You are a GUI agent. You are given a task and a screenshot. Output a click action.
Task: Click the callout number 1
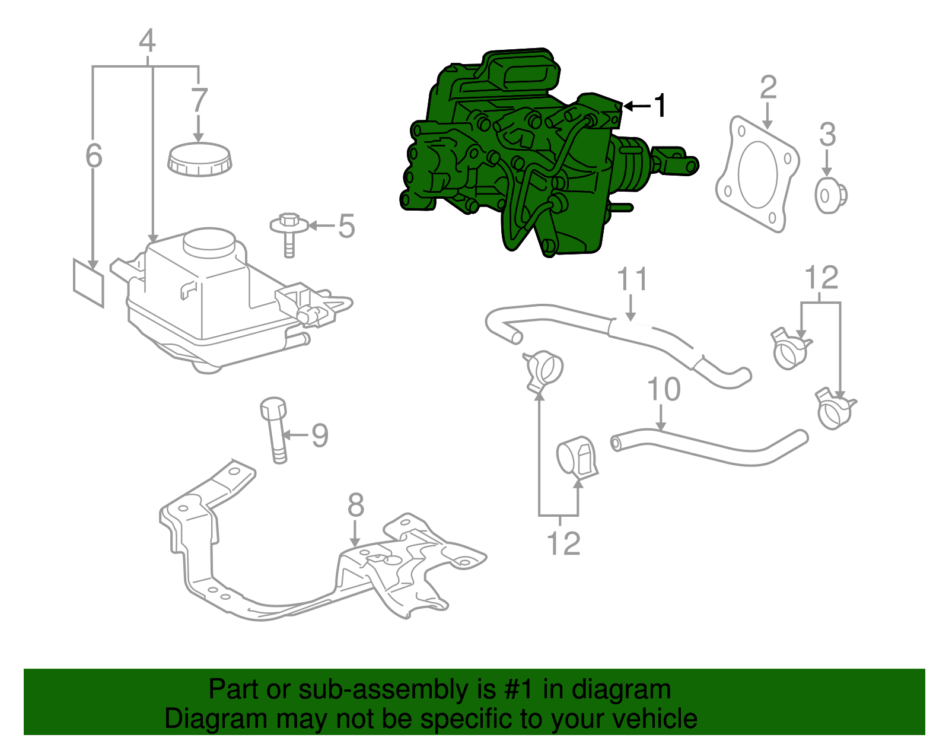[660, 106]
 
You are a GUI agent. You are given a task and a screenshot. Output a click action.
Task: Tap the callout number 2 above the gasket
[768, 87]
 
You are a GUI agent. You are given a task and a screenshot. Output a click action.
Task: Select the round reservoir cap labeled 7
[200, 159]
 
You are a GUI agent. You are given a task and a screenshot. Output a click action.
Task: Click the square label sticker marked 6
[88, 282]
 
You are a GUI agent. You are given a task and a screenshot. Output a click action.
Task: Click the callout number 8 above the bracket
[356, 505]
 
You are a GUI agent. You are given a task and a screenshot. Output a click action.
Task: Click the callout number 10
[664, 390]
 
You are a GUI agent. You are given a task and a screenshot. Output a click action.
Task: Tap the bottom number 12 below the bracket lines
[563, 543]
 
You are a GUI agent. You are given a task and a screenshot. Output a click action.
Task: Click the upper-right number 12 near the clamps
[821, 277]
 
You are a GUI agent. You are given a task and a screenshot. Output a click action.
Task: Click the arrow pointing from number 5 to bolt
[321, 225]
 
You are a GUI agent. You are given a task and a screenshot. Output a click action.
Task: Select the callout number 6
[94, 155]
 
